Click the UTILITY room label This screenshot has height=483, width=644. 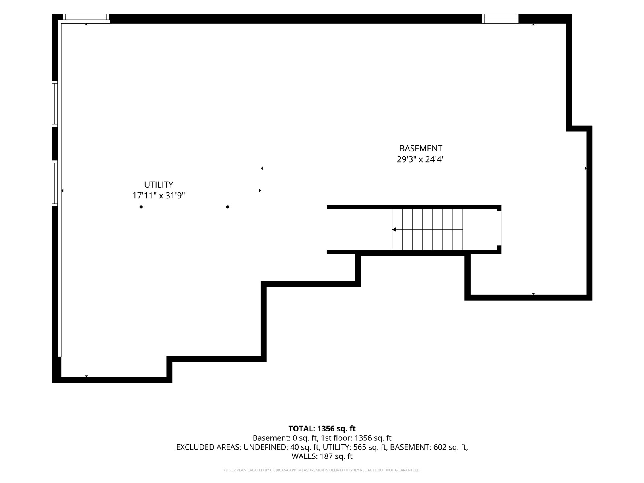(159, 184)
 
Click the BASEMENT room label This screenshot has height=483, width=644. (421, 148)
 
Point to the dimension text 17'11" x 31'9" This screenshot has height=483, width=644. (159, 195)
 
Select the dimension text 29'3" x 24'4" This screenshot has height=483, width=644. (421, 159)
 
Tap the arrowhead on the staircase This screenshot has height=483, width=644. (394, 229)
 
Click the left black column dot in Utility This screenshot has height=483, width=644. (141, 207)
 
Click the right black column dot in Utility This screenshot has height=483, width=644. (228, 207)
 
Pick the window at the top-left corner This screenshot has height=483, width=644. (86, 17)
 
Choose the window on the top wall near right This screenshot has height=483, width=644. (500, 19)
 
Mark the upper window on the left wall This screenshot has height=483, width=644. (55, 104)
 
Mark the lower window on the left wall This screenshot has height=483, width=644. (55, 183)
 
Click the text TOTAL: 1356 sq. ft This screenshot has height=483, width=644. (322, 429)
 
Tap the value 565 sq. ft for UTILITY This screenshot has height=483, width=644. (369, 447)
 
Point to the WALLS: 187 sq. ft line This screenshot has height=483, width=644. (322, 456)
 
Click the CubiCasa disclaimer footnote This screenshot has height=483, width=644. (322, 470)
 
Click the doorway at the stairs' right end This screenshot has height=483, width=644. (499, 228)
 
